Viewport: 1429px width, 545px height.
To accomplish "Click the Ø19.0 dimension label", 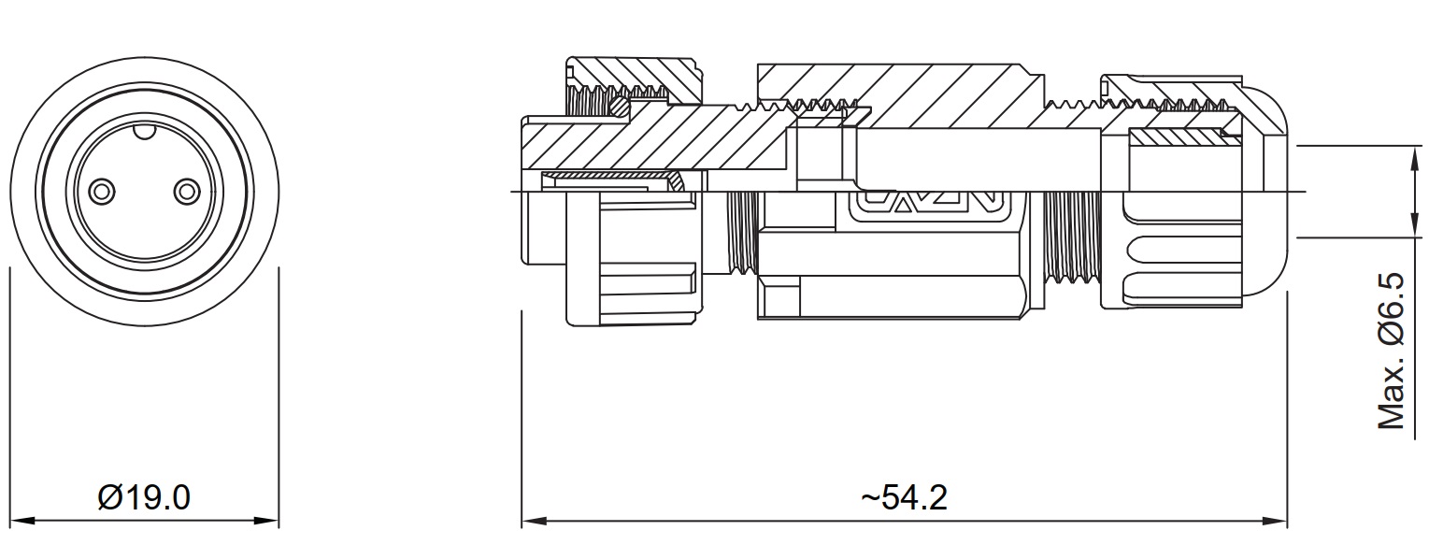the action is (144, 497).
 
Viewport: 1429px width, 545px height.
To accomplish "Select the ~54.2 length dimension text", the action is (904, 497).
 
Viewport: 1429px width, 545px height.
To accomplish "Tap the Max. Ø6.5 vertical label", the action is (1392, 351).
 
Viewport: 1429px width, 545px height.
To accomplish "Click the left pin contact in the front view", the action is (102, 191).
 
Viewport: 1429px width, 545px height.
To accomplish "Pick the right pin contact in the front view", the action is (187, 191).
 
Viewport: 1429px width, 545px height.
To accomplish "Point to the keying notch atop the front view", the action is (145, 131).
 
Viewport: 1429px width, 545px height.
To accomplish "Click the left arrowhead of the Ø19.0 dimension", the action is (23, 521).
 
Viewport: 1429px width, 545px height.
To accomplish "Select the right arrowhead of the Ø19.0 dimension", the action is (266, 521).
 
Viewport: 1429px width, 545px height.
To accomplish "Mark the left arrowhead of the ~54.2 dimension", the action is (535, 521).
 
